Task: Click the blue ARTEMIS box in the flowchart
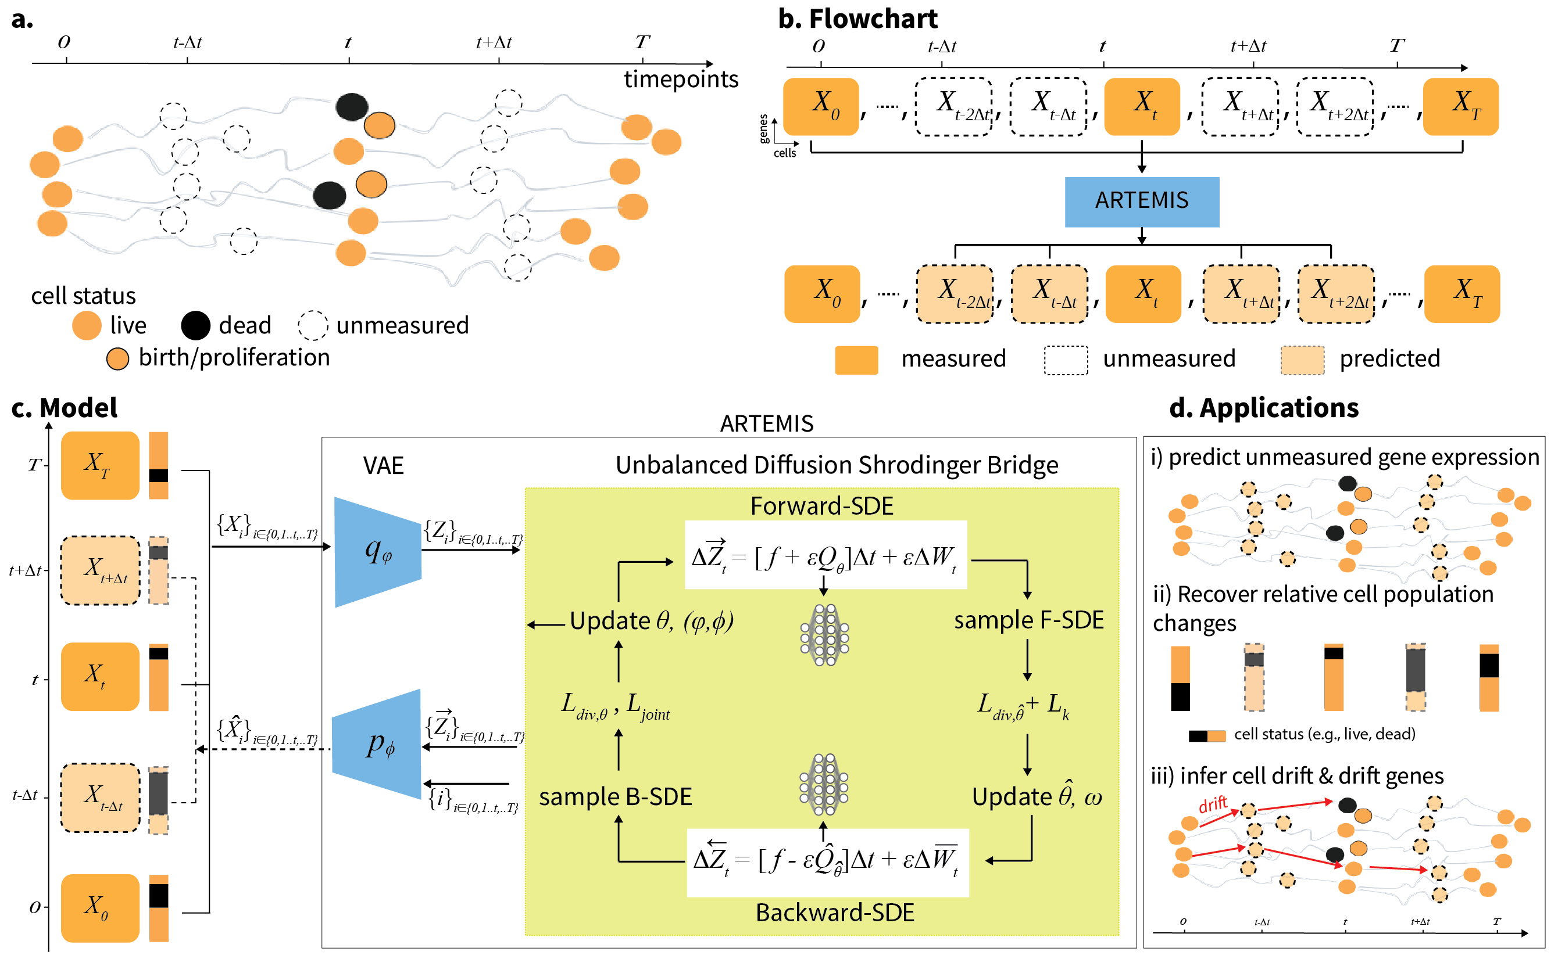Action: [1141, 201]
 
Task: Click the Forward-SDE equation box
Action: [825, 555]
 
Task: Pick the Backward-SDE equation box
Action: [827, 862]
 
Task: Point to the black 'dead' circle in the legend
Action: [195, 325]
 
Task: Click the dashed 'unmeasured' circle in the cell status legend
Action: [313, 325]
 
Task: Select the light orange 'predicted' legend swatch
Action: [1302, 360]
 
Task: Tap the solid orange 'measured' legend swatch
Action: [856, 360]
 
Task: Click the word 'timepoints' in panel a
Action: [680, 79]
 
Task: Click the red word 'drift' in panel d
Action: [1212, 805]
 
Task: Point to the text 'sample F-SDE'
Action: [1028, 620]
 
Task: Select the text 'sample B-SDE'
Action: [615, 796]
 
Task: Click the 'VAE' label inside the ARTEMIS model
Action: [383, 465]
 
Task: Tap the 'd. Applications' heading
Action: [1263, 407]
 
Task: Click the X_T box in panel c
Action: [99, 465]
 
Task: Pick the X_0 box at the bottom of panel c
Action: [99, 907]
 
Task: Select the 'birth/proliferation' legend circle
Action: [117, 358]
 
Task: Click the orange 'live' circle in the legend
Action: [87, 325]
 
